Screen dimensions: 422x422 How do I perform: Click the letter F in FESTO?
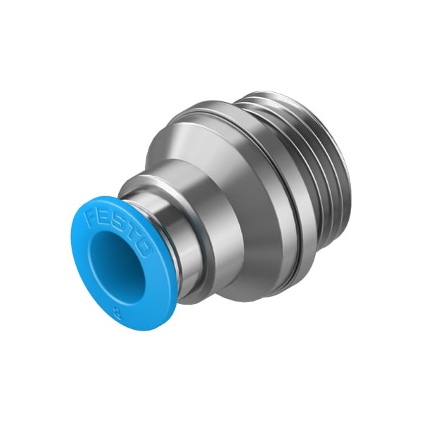pos(91,215)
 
